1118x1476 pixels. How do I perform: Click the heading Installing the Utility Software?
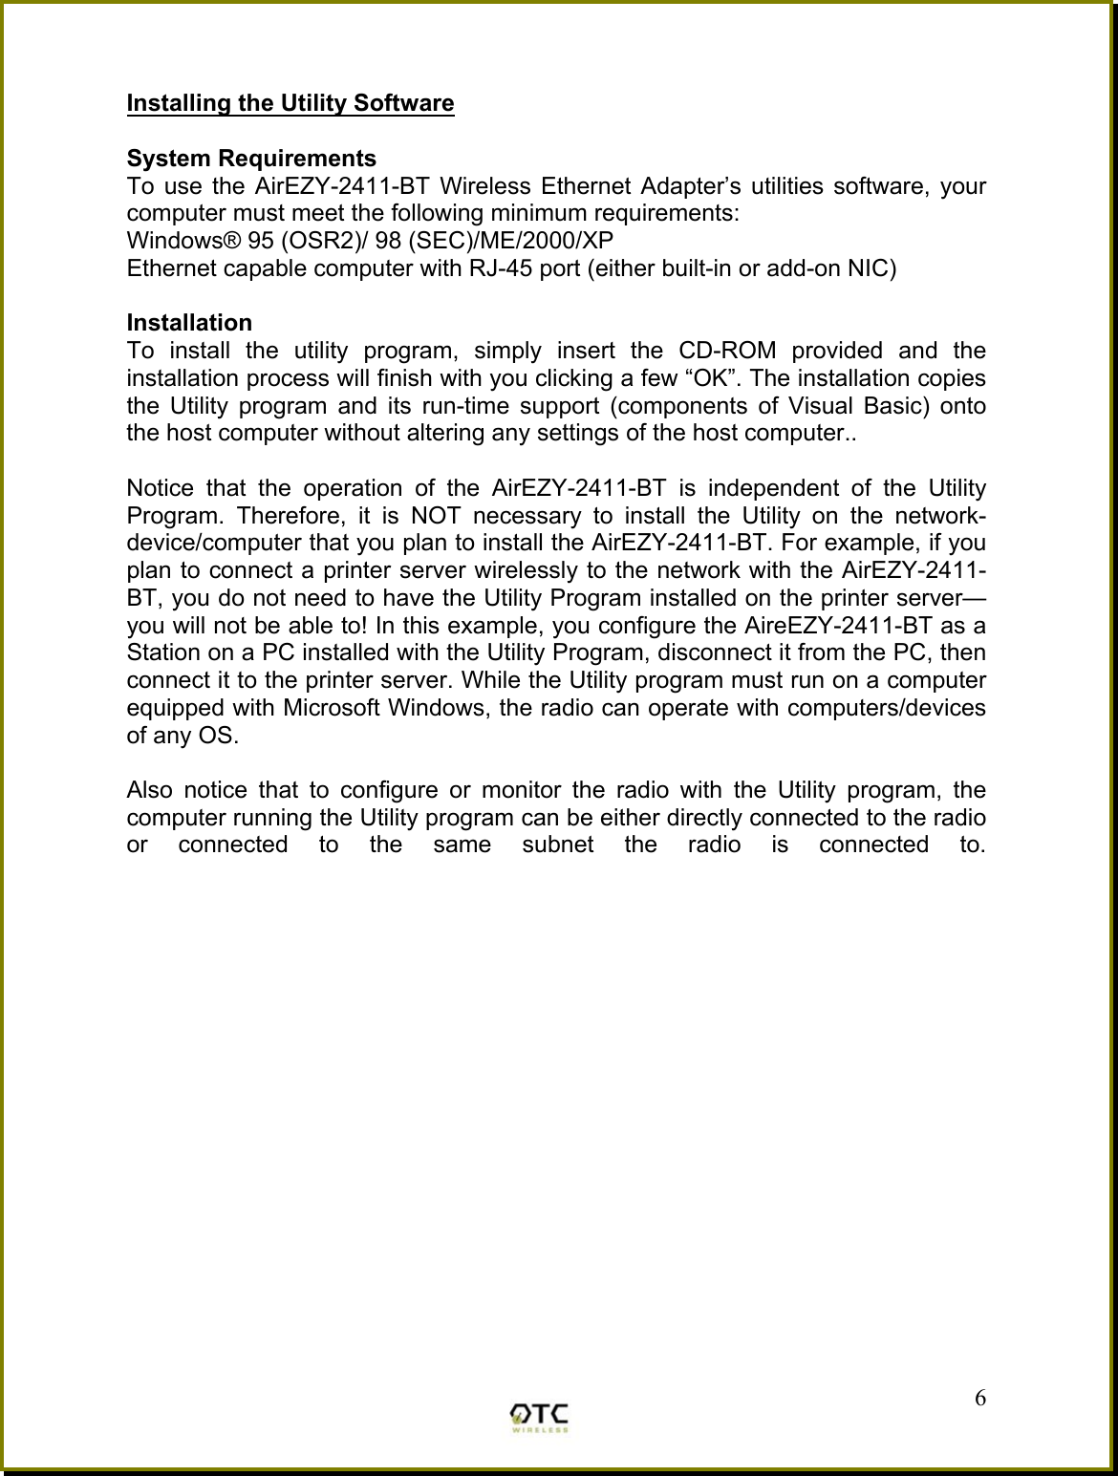[290, 102]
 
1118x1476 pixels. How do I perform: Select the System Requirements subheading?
[251, 158]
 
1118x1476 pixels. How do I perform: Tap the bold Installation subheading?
[189, 322]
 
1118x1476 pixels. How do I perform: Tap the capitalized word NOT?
[436, 516]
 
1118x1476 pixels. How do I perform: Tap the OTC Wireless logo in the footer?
[540, 1417]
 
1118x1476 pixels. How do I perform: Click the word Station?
[161, 654]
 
